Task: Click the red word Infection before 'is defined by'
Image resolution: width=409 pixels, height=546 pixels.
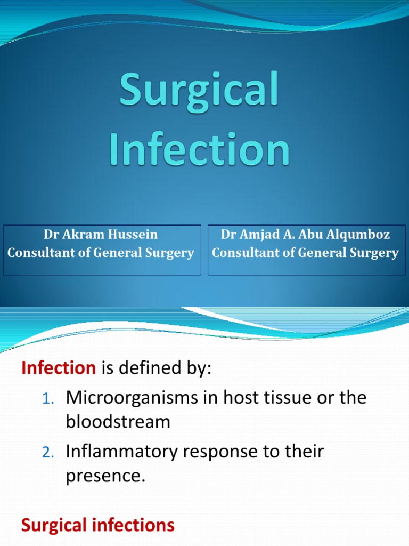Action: point(58,369)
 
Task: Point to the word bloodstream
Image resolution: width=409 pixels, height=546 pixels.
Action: point(118,422)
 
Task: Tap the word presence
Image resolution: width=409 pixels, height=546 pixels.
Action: point(105,476)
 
